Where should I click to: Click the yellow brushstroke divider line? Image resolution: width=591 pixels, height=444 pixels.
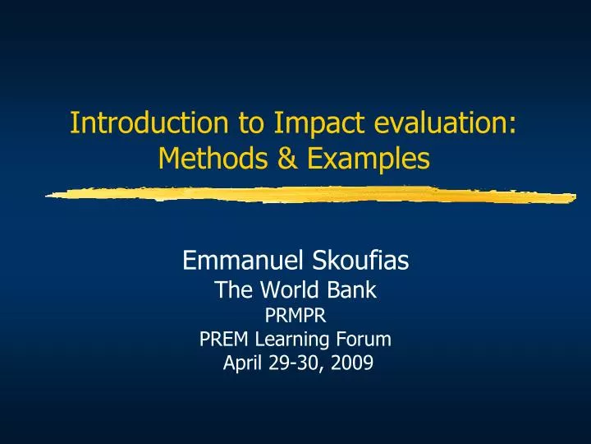click(312, 196)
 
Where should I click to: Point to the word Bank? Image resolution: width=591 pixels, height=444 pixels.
click(354, 289)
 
